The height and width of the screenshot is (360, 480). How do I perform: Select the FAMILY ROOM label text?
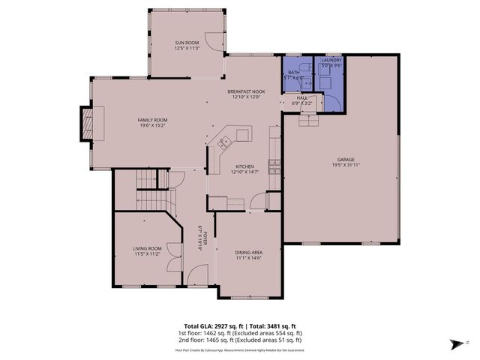click(151, 120)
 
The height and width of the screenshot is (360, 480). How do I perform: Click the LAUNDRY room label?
click(331, 60)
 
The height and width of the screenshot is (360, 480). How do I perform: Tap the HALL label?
click(301, 97)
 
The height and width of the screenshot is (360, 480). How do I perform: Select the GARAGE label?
click(345, 160)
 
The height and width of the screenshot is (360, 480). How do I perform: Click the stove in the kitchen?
click(274, 166)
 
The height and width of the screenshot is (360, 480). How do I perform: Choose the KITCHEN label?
click(245, 166)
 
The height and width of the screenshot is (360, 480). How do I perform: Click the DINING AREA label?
click(248, 253)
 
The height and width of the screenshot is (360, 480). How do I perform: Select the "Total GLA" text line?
click(239, 318)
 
